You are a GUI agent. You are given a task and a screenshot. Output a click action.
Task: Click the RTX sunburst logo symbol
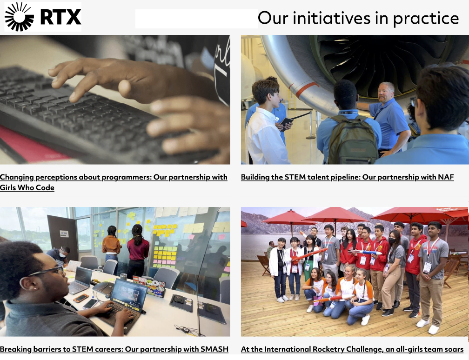point(19,17)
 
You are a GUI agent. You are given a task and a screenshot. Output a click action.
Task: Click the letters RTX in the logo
point(60,17)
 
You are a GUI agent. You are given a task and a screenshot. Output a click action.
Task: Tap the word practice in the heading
point(426,19)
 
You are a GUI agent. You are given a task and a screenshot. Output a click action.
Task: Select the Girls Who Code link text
point(27,188)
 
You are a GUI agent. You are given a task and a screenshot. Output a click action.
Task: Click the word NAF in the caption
point(446,177)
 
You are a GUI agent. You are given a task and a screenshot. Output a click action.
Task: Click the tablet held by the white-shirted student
point(286,123)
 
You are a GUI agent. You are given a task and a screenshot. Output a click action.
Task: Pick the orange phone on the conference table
point(81,298)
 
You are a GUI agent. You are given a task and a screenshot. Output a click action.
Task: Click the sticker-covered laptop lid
point(149,286)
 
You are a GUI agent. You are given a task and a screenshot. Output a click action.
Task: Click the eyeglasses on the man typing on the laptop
point(48,271)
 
